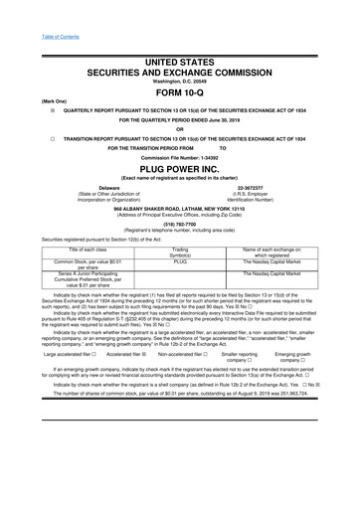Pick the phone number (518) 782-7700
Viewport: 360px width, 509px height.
click(179, 225)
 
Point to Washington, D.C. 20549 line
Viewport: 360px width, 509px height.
click(179, 80)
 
